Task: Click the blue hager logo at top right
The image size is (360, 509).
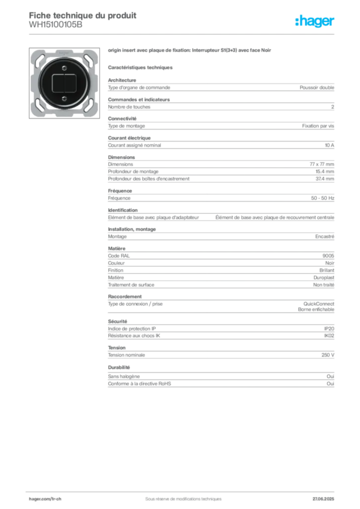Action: tap(316, 22)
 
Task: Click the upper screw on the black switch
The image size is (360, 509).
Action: tap(64, 66)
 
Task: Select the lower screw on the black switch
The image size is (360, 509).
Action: tap(64, 99)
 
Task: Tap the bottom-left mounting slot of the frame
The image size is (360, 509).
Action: tap(39, 106)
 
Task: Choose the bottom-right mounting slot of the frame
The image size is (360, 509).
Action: tap(88, 106)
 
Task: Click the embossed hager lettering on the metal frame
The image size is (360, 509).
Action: tap(64, 52)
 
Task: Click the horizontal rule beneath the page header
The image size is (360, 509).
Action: tap(183, 34)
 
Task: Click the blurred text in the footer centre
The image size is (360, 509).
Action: tap(179, 496)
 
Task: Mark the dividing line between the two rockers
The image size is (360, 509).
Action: tap(64, 82)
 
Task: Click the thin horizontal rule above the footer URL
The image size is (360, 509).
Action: tap(183, 490)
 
